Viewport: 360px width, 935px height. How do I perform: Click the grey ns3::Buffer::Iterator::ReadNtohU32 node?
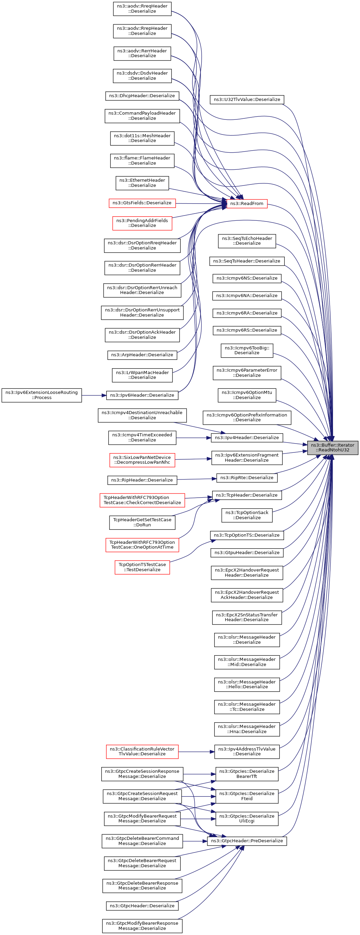click(x=332, y=448)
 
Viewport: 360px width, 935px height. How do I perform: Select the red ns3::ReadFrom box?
click(x=247, y=204)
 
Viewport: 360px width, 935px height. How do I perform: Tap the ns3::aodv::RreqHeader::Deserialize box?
click(x=142, y=9)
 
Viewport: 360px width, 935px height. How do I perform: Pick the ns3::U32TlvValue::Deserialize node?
click(x=247, y=100)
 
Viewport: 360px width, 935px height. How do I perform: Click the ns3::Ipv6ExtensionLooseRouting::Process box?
click(x=42, y=395)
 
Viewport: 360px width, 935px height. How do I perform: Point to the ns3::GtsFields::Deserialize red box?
click(x=142, y=203)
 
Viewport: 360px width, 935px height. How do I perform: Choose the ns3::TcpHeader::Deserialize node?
click(x=247, y=495)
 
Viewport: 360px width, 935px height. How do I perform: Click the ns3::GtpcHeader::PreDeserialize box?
click(x=247, y=841)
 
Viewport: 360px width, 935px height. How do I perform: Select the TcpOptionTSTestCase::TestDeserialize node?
click(x=142, y=567)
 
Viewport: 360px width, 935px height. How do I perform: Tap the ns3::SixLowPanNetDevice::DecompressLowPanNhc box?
click(x=142, y=460)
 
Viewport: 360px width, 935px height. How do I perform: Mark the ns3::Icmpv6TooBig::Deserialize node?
click(x=247, y=350)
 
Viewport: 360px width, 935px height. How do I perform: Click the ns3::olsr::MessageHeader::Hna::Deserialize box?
click(x=247, y=729)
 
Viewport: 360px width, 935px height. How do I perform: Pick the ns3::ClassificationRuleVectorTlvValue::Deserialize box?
click(x=142, y=752)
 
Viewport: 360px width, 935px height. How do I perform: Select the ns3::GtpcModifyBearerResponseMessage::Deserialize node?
click(x=142, y=926)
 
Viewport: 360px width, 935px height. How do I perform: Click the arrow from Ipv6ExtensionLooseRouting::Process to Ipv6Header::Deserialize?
click(x=94, y=395)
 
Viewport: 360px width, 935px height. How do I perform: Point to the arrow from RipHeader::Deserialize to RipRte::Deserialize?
click(x=197, y=479)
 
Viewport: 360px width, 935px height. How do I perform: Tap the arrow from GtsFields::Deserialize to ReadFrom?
click(x=201, y=204)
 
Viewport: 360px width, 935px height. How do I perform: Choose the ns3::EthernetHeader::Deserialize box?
click(x=142, y=183)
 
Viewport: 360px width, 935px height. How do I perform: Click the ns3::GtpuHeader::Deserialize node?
click(x=247, y=553)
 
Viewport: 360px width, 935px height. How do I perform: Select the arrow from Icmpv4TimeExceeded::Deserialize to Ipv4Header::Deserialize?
click(x=194, y=438)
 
